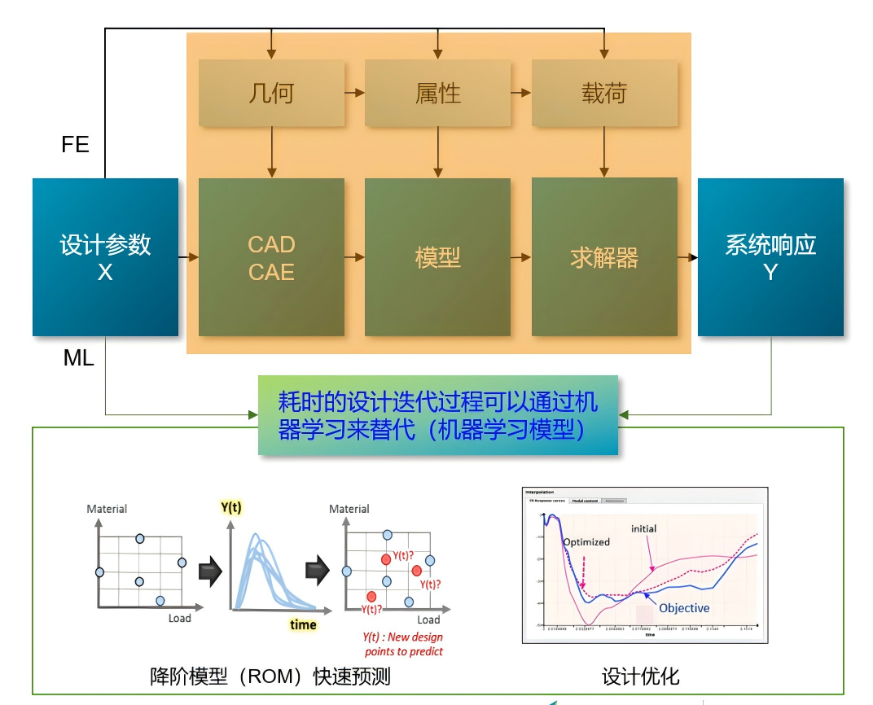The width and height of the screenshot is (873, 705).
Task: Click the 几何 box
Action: click(x=271, y=93)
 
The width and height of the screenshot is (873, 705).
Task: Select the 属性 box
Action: click(x=437, y=93)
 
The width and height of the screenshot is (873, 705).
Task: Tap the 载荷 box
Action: click(x=603, y=93)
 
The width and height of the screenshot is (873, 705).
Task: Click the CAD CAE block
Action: click(x=271, y=257)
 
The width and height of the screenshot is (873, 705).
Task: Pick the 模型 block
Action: click(x=437, y=257)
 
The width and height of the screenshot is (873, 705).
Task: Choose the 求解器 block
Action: click(x=603, y=257)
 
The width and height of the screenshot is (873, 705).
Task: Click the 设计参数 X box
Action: click(x=105, y=257)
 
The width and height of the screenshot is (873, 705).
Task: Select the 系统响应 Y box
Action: click(x=770, y=257)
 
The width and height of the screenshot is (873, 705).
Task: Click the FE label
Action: click(x=75, y=145)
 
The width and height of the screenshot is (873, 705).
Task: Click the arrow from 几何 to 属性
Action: click(x=354, y=93)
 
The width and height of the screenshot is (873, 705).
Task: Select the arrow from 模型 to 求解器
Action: click(x=520, y=257)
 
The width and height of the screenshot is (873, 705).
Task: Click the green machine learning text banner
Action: click(x=438, y=415)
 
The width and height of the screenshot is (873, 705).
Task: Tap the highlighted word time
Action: click(x=303, y=624)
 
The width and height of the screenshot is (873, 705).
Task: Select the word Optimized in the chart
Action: click(x=586, y=541)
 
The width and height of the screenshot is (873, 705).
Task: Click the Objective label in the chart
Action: click(x=684, y=608)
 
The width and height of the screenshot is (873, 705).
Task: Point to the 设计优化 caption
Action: click(x=640, y=677)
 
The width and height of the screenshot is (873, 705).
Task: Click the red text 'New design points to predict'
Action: click(x=402, y=644)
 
